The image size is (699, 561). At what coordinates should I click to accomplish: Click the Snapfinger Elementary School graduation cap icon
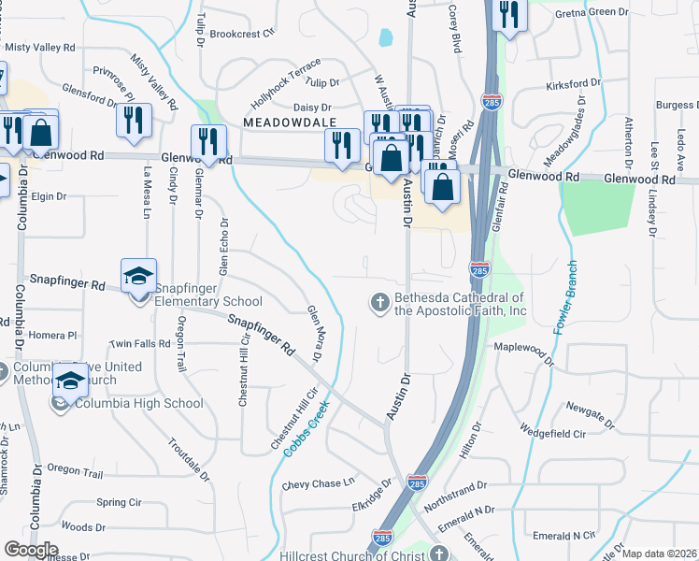(138, 276)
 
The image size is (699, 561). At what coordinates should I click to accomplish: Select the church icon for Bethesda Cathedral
(379, 301)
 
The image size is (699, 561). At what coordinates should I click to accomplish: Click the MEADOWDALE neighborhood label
(281, 122)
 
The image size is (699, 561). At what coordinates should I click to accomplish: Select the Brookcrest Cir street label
(241, 32)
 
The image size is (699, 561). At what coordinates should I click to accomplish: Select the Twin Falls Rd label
(140, 343)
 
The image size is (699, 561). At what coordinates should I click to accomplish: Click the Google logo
(31, 550)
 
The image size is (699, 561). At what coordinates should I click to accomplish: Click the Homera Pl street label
(53, 335)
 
